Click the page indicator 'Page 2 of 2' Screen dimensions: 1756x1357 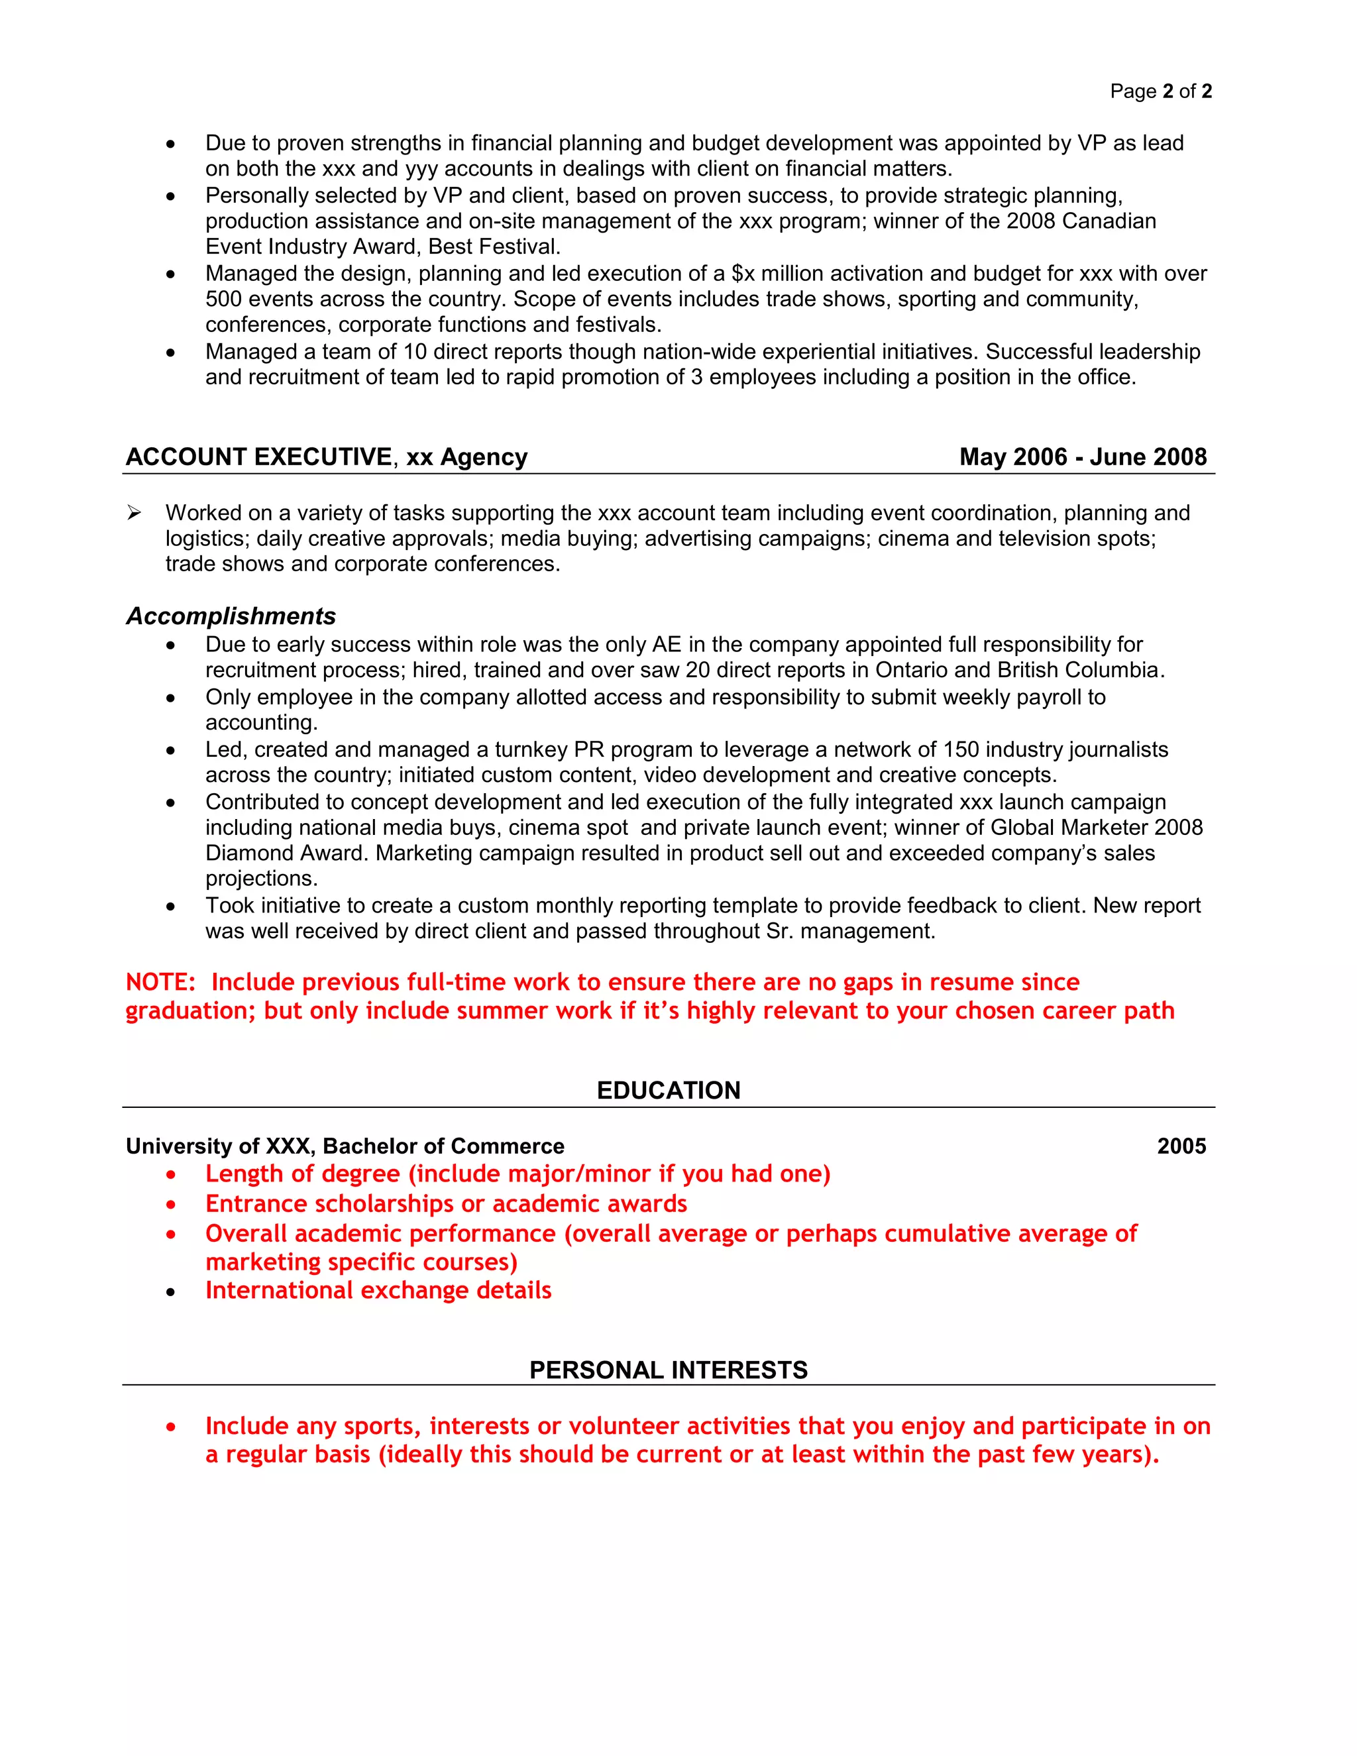coord(1160,91)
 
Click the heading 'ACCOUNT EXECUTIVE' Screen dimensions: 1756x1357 coord(259,457)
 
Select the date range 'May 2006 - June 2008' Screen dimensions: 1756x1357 coord(1082,457)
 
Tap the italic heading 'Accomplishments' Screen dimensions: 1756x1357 coord(231,616)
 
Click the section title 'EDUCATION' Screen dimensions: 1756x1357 coord(668,1090)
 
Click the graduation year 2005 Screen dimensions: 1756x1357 coord(1181,1146)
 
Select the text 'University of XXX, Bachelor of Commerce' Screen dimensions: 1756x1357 coord(345,1146)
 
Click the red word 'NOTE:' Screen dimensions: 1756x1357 coord(160,983)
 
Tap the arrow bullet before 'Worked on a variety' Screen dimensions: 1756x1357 coord(135,513)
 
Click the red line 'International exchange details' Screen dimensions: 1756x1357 coord(378,1290)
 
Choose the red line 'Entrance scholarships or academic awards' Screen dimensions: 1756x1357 coord(446,1203)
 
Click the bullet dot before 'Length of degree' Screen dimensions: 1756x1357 coord(170,1176)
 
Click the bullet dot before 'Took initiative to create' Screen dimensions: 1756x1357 coord(170,906)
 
